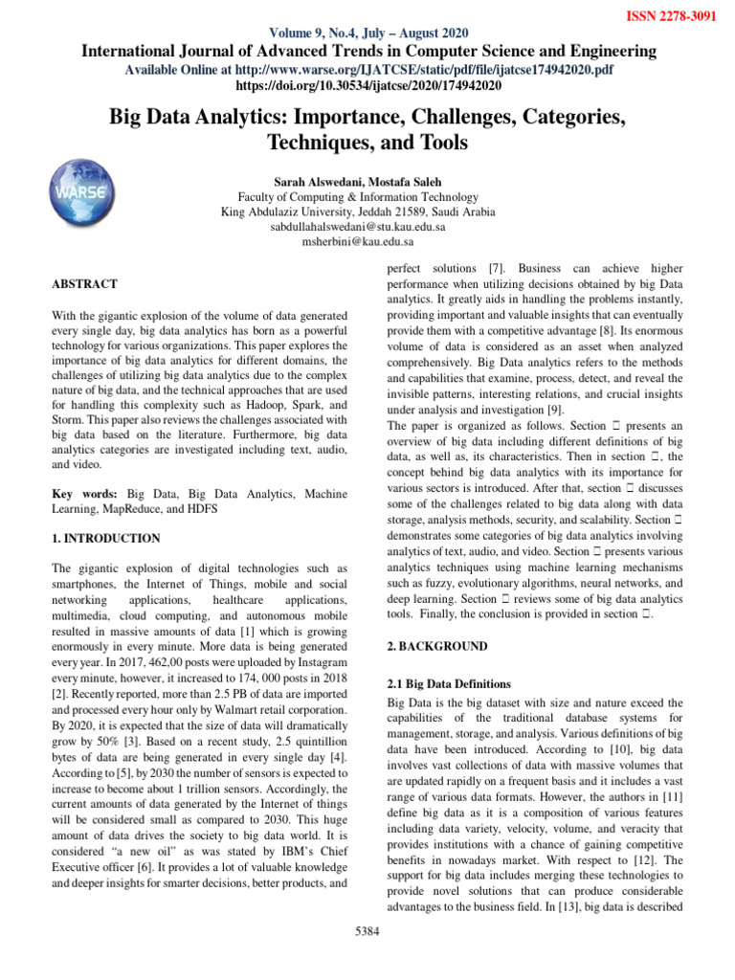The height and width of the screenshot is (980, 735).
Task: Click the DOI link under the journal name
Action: (x=368, y=85)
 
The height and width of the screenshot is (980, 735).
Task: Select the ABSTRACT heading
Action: (x=85, y=284)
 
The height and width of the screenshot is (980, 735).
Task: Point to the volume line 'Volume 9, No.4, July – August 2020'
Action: (x=367, y=33)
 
